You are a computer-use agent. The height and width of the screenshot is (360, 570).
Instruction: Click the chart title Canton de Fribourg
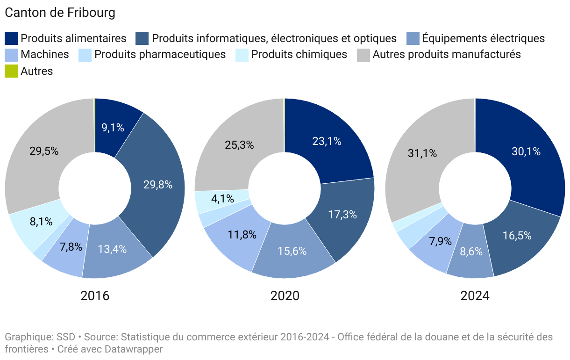tap(60, 13)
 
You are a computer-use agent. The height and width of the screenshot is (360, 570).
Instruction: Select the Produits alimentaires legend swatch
tap(11, 38)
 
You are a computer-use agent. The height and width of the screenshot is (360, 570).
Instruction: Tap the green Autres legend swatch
tap(11, 71)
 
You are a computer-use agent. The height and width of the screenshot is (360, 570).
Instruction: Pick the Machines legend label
tap(44, 54)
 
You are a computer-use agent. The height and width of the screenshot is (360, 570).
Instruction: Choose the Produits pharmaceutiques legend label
tap(160, 54)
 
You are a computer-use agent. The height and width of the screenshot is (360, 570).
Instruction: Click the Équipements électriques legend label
tap(483, 38)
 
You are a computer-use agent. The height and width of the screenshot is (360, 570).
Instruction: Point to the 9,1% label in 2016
tap(113, 127)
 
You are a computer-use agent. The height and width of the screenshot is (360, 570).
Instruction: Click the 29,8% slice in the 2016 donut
tap(158, 185)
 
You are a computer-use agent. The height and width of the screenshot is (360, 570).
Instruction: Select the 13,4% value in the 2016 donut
tap(112, 249)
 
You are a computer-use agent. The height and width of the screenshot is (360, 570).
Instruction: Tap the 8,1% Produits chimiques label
tap(41, 222)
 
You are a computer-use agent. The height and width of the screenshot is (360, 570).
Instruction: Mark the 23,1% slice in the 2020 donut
tap(327, 141)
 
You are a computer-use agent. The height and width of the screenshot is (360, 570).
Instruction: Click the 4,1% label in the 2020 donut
tap(222, 199)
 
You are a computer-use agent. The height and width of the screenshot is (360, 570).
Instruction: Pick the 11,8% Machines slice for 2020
tap(242, 235)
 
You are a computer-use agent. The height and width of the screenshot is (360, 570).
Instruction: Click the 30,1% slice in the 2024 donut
tap(526, 151)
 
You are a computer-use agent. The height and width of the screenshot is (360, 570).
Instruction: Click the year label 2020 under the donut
tap(285, 296)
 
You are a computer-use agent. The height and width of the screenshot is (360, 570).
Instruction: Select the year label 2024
tap(475, 296)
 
